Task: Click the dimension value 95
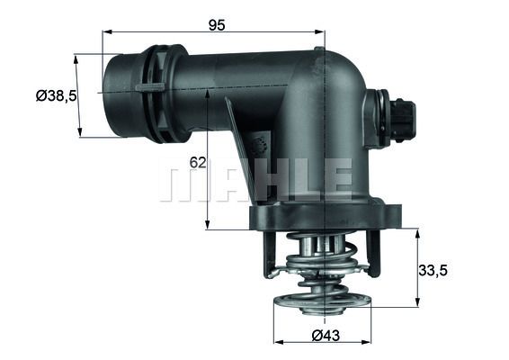(x=216, y=24)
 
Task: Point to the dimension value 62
(x=199, y=163)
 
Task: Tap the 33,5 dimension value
(x=434, y=267)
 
